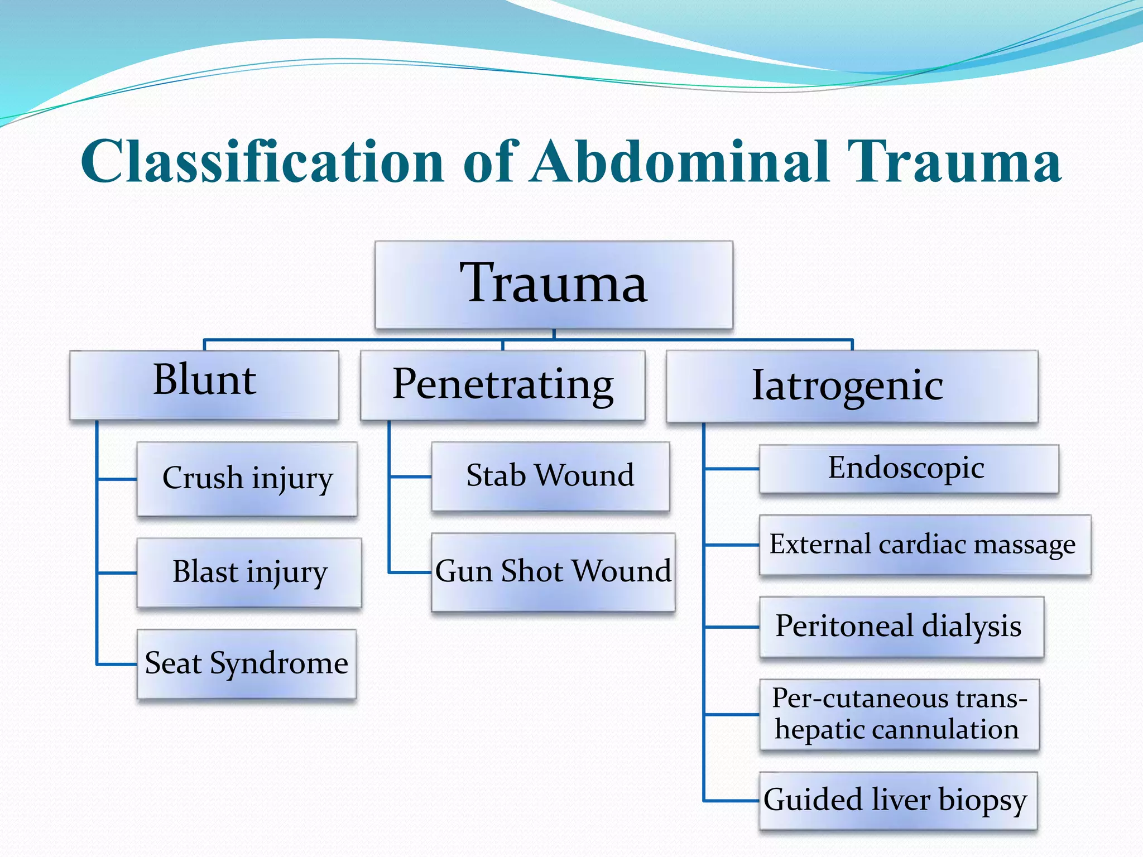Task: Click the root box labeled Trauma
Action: (554, 285)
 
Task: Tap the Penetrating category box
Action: (502, 385)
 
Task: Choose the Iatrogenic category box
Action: (852, 386)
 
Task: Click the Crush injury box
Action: (247, 479)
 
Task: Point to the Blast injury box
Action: (249, 572)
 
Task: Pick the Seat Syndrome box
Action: (246, 664)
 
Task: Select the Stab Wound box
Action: (550, 476)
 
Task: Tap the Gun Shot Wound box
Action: (553, 572)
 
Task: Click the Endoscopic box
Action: (908, 469)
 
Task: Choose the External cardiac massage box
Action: (924, 545)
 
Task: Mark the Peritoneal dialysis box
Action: (900, 627)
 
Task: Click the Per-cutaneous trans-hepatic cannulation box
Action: (899, 714)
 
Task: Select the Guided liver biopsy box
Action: (897, 801)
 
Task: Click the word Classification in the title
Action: (262, 162)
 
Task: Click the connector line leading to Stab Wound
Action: (410, 476)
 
